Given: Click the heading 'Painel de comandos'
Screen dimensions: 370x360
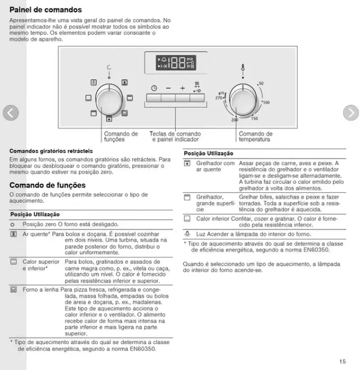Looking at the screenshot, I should pos(46,10).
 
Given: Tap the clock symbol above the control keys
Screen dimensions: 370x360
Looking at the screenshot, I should pos(154,88).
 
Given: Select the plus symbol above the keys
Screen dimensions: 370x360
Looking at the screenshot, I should pos(182,88).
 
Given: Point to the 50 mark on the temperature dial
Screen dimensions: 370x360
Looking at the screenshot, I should pos(260,84).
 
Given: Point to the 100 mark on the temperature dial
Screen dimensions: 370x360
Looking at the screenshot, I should pos(265,103).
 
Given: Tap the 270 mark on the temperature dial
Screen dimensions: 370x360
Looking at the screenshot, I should pos(219,97).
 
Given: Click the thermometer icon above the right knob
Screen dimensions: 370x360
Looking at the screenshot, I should pos(242,68).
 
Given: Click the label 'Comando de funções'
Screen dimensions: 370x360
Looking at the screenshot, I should pos(121,137).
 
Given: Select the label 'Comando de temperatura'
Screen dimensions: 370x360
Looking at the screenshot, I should pos(255,137).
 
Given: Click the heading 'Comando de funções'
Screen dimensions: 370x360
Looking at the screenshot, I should pos(47,186).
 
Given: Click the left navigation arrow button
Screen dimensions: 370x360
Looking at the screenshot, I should pos(11,113).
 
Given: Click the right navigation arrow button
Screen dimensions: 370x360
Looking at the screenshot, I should pos(350,113).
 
